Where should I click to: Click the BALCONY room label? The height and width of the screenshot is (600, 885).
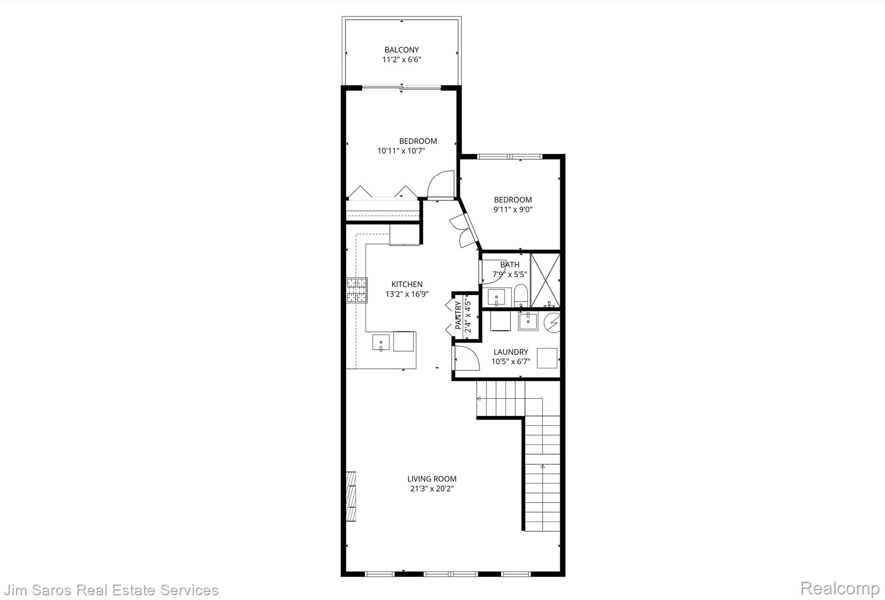tap(401, 50)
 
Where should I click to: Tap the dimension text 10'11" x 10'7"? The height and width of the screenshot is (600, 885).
tap(401, 151)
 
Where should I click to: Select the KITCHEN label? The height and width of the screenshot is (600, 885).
tap(407, 284)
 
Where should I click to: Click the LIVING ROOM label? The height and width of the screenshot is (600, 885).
tap(432, 479)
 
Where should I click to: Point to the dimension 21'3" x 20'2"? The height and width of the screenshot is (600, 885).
tap(432, 489)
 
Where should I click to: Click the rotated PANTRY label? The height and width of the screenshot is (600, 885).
tap(458, 316)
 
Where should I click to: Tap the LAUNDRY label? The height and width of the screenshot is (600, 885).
tap(511, 352)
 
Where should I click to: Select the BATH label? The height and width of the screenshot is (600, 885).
tap(510, 265)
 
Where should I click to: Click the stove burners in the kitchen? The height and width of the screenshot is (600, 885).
tap(357, 290)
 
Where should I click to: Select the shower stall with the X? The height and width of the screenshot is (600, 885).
tap(545, 280)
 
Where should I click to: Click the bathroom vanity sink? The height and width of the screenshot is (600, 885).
tap(500, 297)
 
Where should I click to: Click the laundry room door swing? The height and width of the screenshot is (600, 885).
tap(466, 358)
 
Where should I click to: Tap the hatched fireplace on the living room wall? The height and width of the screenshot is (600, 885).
tap(351, 497)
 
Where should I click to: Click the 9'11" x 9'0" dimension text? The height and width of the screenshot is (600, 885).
tap(513, 210)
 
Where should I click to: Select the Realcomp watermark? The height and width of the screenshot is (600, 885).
tap(840, 588)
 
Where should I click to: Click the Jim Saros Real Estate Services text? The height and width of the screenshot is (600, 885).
tap(111, 590)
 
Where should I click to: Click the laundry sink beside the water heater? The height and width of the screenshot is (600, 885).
tap(528, 322)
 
